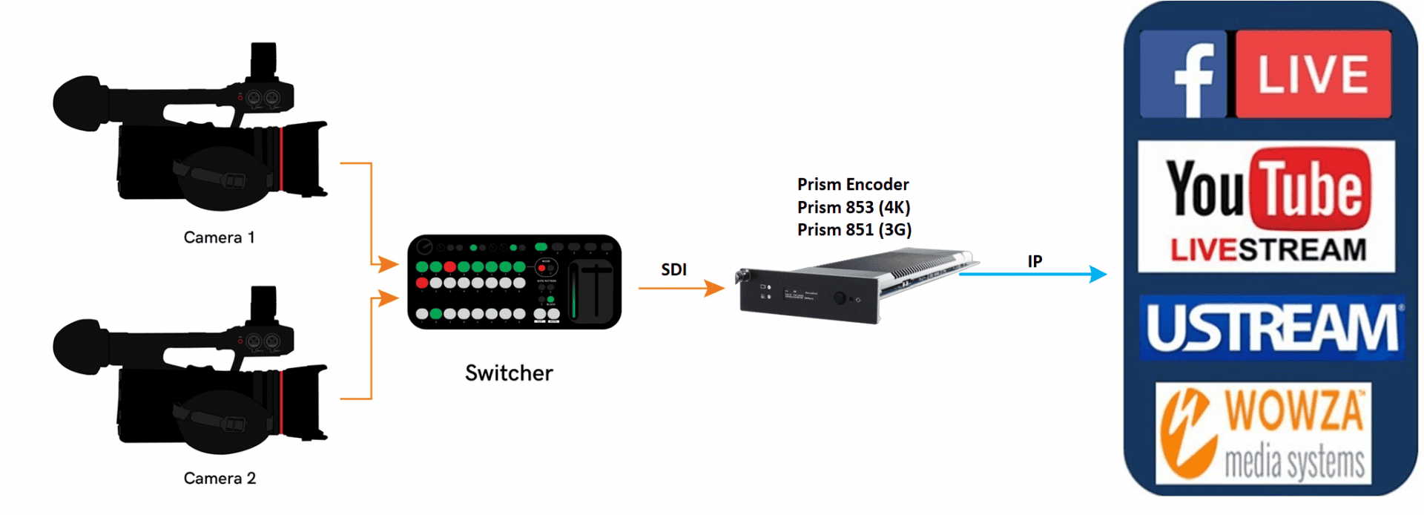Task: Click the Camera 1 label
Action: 219,237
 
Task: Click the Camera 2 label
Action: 220,479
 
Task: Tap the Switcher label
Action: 509,373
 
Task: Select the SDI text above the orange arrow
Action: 673,269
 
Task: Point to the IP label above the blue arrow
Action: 1035,261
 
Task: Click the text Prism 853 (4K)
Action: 854,207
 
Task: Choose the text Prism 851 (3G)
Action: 854,230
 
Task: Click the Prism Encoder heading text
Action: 853,184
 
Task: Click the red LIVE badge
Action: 1313,74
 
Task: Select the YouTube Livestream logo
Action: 1266,206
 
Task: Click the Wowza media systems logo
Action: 1263,433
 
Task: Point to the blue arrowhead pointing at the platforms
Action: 1098,274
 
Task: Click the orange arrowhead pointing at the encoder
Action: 715,288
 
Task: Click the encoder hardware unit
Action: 853,289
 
